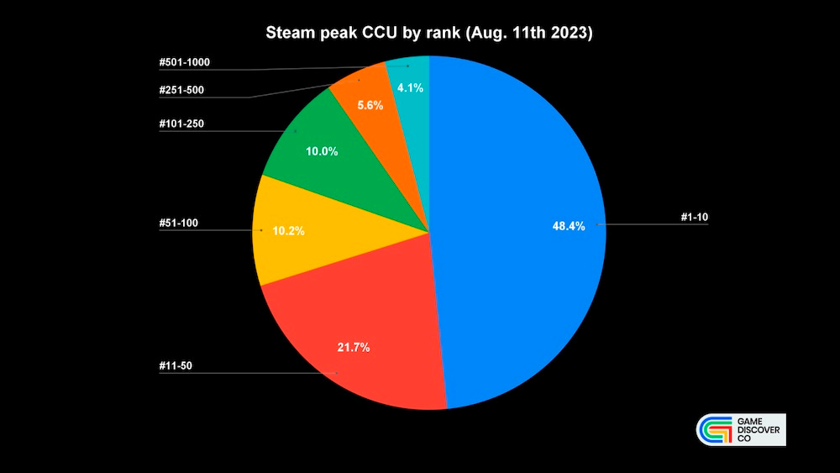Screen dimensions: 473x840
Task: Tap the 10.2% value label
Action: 288,230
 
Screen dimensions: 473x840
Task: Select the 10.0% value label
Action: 322,151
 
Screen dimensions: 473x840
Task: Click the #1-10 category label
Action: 696,218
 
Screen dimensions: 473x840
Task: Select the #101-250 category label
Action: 181,124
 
